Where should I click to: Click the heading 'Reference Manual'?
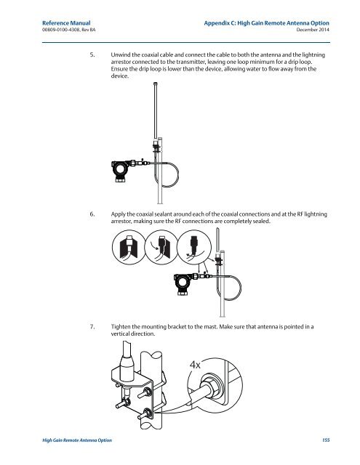pos(66,23)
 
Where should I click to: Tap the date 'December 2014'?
pos(313,30)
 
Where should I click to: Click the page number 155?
pos(326,440)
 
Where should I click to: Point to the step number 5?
pos(92,55)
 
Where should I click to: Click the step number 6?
pos(92,214)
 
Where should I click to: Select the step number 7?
pos(92,327)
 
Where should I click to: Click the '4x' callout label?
pos(195,365)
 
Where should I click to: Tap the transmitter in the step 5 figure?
pos(120,171)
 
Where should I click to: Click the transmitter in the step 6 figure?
pos(183,284)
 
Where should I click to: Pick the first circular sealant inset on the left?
pos(129,247)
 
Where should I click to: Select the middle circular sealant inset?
pos(161,247)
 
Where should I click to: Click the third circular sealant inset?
pos(193,247)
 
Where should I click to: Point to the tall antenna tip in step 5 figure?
pos(155,84)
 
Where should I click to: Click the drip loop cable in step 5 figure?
pos(178,174)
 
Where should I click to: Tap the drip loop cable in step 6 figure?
pos(241,287)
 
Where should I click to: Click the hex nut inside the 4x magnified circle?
pos(212,387)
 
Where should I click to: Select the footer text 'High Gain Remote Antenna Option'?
pos(77,440)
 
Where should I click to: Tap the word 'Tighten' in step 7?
pos(121,327)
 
